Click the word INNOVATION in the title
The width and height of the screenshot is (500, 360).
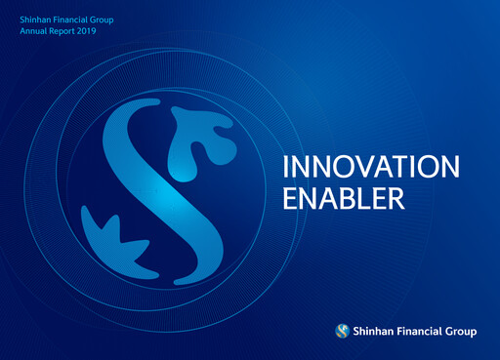[369, 167]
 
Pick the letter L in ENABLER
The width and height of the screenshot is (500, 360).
[365, 199]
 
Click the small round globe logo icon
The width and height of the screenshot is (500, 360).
[342, 331]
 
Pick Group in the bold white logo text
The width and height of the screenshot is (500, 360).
[461, 332]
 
